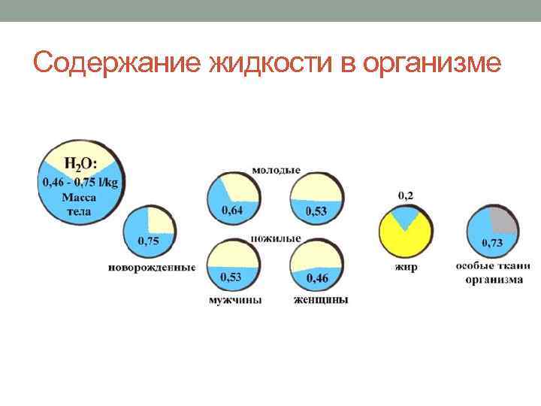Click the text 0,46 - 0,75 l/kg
pyautogui.click(x=80, y=182)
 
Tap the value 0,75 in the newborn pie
pyautogui.click(x=148, y=241)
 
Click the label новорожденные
pyautogui.click(x=152, y=266)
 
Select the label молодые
pyautogui.click(x=276, y=170)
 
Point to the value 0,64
pyautogui.click(x=232, y=211)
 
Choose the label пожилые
pyautogui.click(x=276, y=238)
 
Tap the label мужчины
pyautogui.click(x=235, y=301)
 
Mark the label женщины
pyautogui.click(x=321, y=301)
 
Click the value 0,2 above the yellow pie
pyautogui.click(x=405, y=195)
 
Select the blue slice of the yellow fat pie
pyautogui.click(x=406, y=219)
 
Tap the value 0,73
pyautogui.click(x=492, y=242)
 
